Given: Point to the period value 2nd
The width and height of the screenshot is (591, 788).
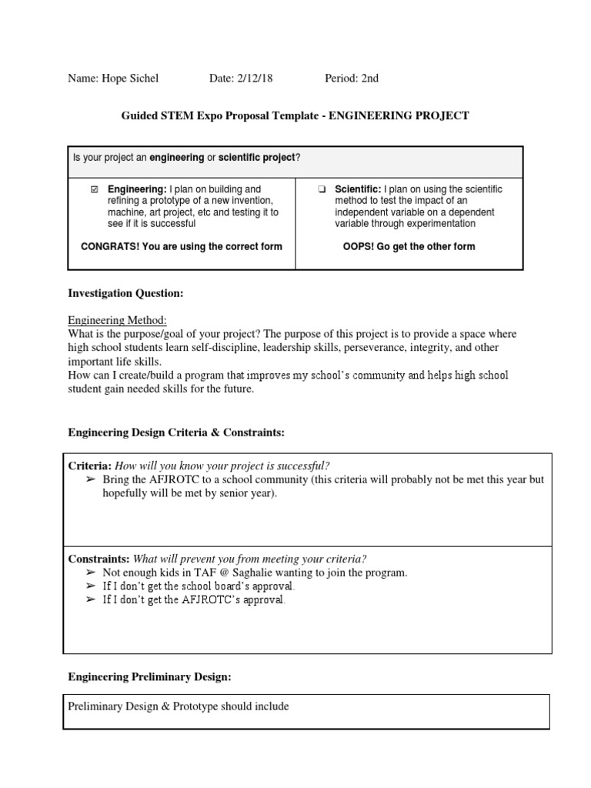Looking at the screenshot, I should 366,78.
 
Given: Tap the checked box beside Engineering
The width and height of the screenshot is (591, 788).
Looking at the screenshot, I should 95,189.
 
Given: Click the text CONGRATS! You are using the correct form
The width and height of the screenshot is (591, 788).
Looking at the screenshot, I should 182,247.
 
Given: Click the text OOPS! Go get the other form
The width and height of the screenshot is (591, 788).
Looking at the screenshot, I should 409,247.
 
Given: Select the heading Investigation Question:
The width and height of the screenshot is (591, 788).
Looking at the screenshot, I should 126,293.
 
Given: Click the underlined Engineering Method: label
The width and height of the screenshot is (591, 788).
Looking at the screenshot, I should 117,320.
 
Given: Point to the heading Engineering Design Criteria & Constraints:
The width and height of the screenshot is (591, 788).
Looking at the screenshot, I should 176,433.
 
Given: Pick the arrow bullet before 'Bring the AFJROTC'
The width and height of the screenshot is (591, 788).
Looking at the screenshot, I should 91,479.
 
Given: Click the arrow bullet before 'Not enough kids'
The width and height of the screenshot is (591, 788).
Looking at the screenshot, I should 91,573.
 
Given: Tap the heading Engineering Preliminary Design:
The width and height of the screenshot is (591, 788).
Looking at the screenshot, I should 149,676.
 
